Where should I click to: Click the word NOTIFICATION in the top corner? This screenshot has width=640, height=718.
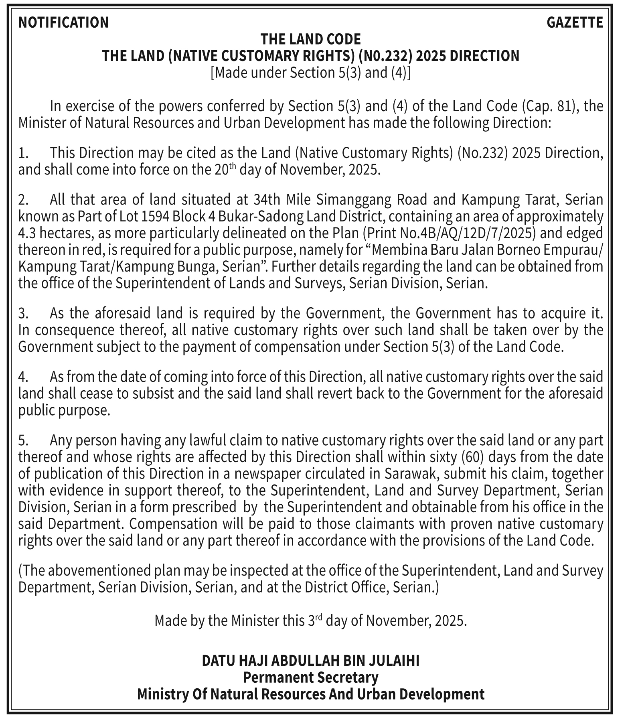point(63,22)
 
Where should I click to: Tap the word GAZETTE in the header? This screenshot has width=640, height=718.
point(575,22)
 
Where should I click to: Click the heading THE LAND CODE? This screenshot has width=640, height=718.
point(310,39)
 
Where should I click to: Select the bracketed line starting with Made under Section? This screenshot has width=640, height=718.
point(310,73)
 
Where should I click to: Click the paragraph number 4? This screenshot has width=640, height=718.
point(23,377)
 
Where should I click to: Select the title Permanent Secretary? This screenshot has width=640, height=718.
point(310,677)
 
